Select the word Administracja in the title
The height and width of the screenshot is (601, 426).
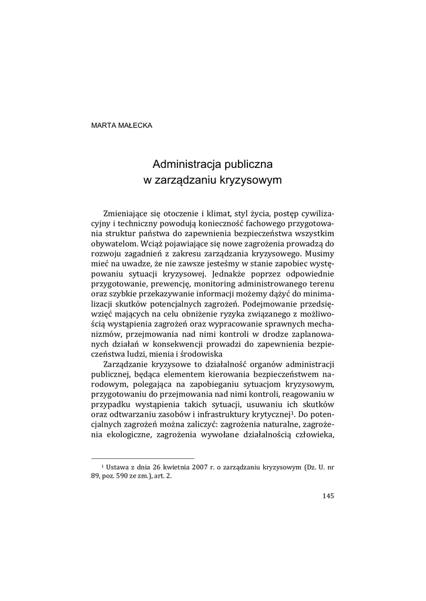click(185, 164)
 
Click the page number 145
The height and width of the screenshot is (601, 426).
click(328, 496)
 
